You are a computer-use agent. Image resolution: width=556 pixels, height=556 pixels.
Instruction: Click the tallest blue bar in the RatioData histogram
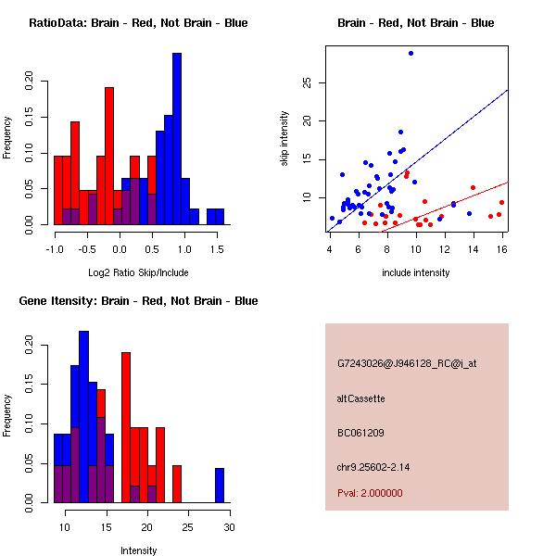[177, 139]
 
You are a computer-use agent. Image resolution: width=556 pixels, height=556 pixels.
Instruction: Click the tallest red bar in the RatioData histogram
[109, 156]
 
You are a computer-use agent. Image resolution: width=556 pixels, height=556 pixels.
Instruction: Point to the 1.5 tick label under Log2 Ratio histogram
[217, 249]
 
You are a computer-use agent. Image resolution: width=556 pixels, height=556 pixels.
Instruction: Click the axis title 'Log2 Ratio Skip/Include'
[138, 272]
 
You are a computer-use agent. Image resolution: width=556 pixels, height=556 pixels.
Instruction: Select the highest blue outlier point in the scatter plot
[411, 54]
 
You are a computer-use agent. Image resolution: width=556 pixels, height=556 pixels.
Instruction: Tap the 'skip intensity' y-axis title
[284, 138]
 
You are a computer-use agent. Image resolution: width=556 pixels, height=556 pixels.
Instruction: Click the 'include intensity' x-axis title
[415, 272]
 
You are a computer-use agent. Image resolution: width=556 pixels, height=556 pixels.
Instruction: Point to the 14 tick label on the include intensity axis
[473, 249]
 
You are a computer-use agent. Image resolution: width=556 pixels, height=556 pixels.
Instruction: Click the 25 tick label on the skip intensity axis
[307, 83]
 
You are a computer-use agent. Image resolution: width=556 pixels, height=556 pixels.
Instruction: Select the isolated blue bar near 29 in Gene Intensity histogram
[220, 486]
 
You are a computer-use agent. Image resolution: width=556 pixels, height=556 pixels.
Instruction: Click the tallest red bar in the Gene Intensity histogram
[126, 427]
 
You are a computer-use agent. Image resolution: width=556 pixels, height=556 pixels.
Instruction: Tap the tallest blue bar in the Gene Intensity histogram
[83, 417]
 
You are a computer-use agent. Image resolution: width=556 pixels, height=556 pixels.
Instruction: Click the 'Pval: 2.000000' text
[370, 493]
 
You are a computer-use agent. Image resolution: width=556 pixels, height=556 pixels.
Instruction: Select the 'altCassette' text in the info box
[361, 398]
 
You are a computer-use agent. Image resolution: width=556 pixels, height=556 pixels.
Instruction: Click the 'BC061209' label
[360, 433]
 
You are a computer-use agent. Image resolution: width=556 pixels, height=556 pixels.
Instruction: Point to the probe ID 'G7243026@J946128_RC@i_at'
[407, 364]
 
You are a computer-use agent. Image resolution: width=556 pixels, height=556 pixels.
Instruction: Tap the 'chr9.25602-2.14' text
[373, 467]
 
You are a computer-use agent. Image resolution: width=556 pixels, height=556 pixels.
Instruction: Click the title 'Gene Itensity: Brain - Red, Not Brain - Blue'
[139, 301]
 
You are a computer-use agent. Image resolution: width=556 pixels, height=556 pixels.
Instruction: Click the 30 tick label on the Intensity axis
[230, 527]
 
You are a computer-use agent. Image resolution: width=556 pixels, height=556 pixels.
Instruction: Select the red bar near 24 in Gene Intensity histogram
[177, 484]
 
